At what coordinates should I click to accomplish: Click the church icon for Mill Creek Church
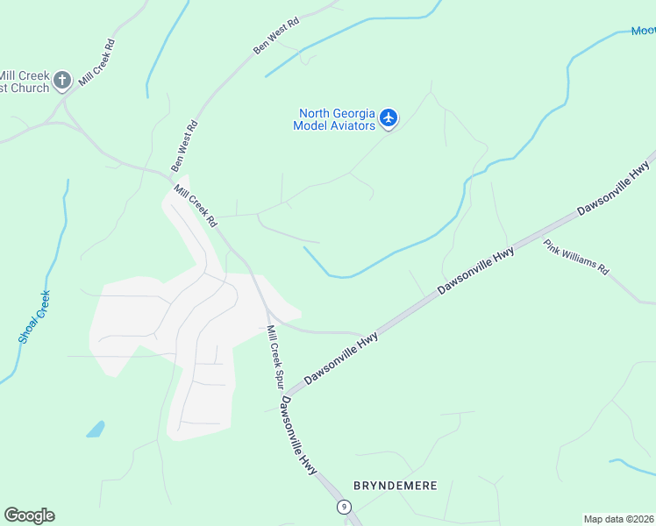[61, 82]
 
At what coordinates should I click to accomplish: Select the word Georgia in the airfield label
[346, 114]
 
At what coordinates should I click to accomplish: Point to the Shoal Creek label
[34, 316]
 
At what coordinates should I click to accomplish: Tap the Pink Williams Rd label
[575, 257]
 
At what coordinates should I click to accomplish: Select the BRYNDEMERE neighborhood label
[394, 485]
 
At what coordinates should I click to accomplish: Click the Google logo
[29, 515]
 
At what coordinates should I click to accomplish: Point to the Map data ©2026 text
[619, 519]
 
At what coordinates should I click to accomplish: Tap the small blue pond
[95, 430]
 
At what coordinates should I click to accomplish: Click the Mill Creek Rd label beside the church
[96, 62]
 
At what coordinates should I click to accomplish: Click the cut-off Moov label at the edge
[643, 32]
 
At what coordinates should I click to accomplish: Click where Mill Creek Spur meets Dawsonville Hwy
[285, 395]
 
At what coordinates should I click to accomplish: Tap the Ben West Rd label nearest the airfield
[276, 34]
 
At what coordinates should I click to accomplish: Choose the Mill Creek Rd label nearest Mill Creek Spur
[195, 205]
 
